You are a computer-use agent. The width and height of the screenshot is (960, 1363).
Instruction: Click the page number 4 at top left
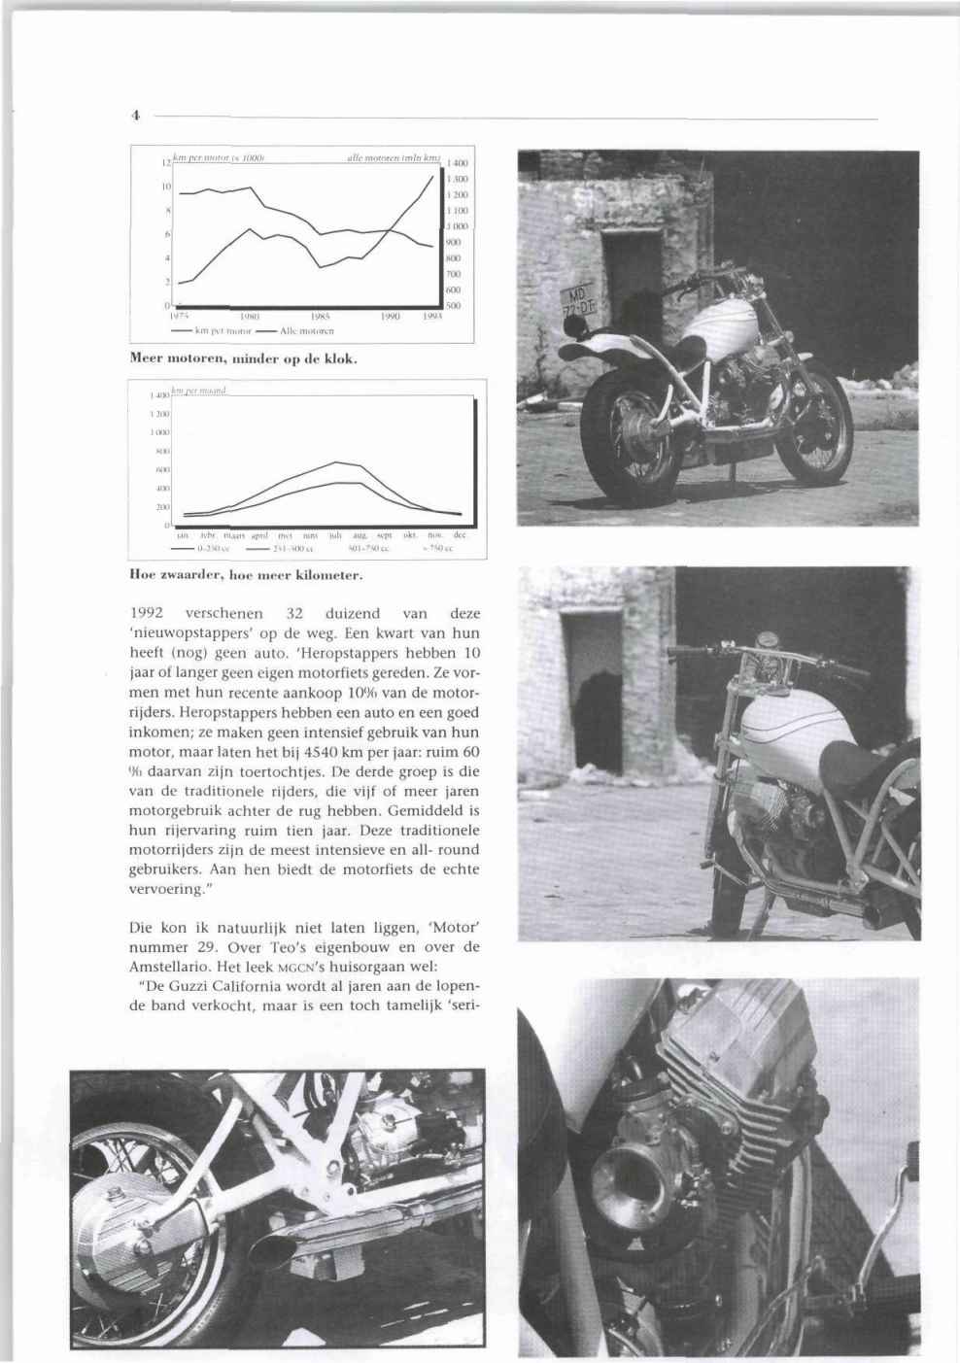[137, 114]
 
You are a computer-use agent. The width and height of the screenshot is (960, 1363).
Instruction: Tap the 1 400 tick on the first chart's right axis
[456, 166]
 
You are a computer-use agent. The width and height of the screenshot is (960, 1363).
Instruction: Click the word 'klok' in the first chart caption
[342, 358]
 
